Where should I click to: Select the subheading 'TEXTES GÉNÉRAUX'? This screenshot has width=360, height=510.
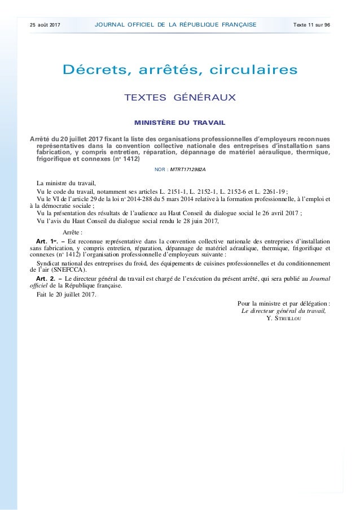pos(180,99)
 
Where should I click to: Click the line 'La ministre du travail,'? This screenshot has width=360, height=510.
pos(66,183)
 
